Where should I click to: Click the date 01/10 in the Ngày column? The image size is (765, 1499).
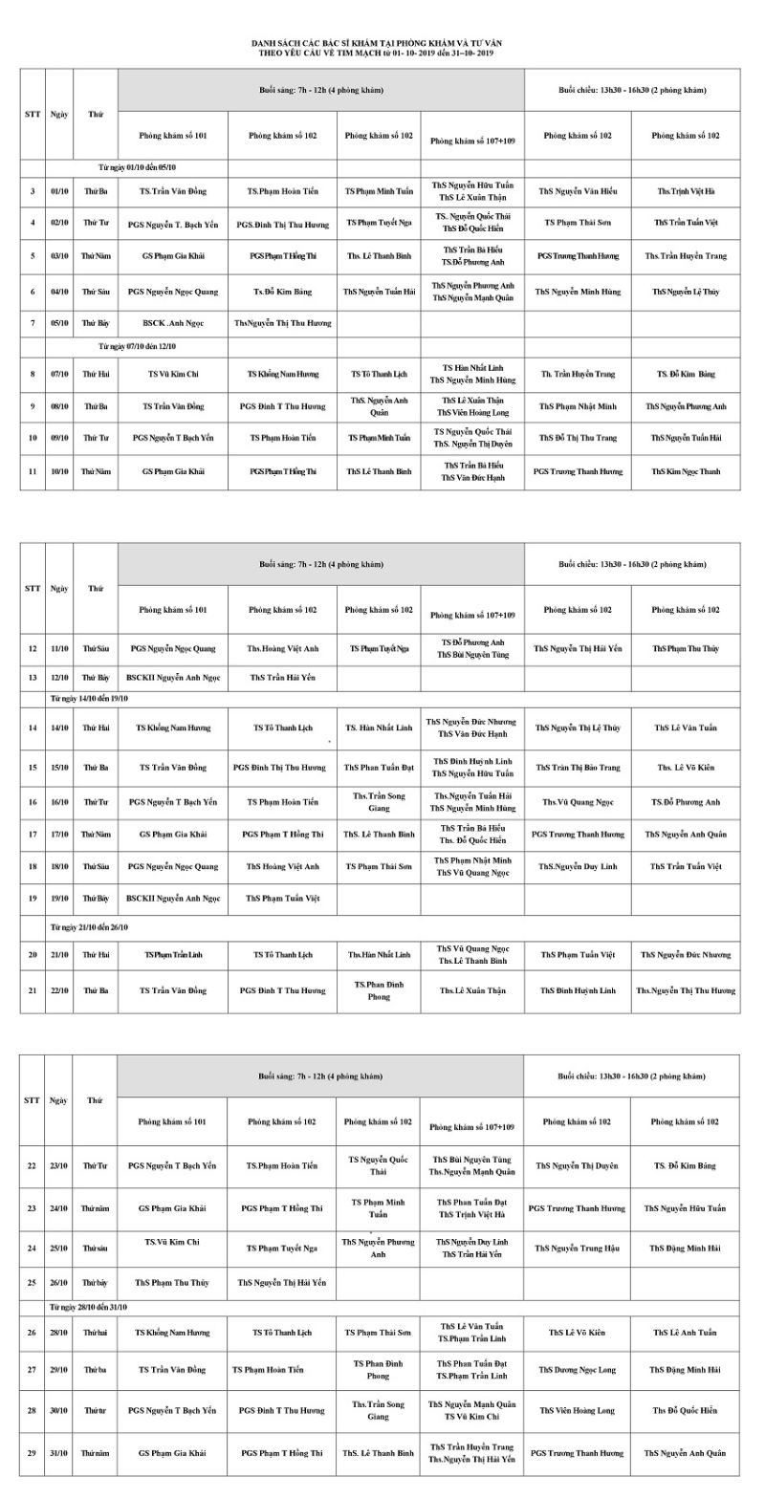pyautogui.click(x=59, y=191)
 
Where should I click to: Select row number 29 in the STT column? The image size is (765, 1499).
pyautogui.click(x=32, y=1453)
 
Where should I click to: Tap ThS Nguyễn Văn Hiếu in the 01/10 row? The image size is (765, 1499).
pyautogui.click(x=578, y=191)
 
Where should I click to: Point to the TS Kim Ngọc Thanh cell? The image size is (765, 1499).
pyautogui.click(x=687, y=471)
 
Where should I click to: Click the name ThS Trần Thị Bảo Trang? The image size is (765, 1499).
pyautogui.click(x=578, y=768)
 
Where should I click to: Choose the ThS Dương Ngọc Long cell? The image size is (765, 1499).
pyautogui.click(x=577, y=1370)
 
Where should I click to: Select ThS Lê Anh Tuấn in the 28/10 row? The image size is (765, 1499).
pyautogui.click(x=686, y=1332)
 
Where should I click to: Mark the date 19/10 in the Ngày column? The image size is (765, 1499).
pyautogui.click(x=59, y=899)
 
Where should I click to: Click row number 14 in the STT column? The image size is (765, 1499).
pyautogui.click(x=32, y=728)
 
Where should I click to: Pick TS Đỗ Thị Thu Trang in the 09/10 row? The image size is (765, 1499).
pyautogui.click(x=578, y=438)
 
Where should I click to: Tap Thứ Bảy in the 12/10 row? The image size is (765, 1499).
pyautogui.click(x=96, y=678)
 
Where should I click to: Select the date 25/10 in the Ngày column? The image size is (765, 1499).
pyautogui.click(x=59, y=1248)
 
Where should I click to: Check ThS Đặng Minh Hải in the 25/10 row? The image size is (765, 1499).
pyautogui.click(x=686, y=1248)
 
